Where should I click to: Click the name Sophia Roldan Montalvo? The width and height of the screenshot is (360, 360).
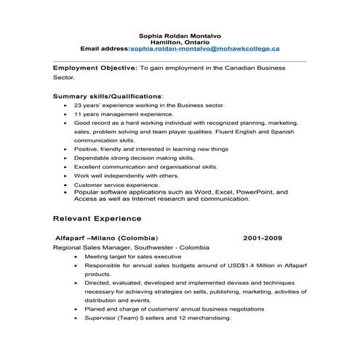tap(180, 33)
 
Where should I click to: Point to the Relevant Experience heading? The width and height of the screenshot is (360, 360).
tap(97, 218)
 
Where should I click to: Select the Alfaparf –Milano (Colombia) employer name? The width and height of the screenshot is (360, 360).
tap(106, 238)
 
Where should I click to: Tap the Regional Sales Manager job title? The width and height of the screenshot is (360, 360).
tap(96, 247)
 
